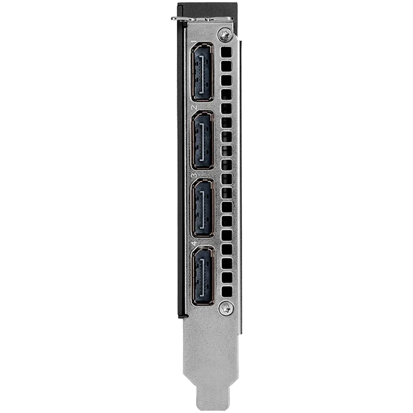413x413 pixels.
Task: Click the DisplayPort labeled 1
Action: (202, 72)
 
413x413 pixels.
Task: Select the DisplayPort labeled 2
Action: (202, 140)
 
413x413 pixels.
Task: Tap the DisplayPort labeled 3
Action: (202, 208)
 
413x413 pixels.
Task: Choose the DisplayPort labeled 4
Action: (202, 276)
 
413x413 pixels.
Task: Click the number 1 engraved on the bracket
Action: (195, 42)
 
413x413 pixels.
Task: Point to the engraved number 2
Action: (195, 107)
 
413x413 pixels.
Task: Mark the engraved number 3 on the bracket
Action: (195, 175)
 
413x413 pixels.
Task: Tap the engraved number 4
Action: (195, 243)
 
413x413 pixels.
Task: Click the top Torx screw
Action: (225, 34)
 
